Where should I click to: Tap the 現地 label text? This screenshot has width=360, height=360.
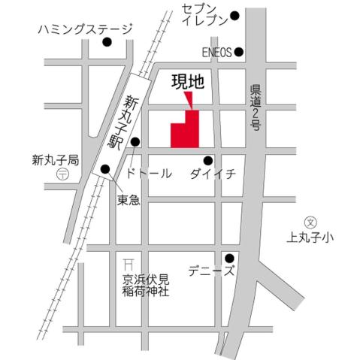[x=188, y=81]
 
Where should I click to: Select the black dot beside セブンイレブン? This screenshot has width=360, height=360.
[x=234, y=15]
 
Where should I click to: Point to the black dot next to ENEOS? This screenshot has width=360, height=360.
[x=239, y=52]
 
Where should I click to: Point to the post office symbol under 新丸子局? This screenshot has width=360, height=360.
[x=62, y=174]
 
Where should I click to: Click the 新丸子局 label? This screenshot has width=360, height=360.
[x=56, y=160]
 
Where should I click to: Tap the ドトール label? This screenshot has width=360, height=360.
[x=150, y=174]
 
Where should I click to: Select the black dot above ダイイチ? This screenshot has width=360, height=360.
[x=208, y=159]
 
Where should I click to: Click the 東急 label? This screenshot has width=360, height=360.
[x=129, y=200]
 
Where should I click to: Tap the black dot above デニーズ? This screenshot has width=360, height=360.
[x=230, y=258]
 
